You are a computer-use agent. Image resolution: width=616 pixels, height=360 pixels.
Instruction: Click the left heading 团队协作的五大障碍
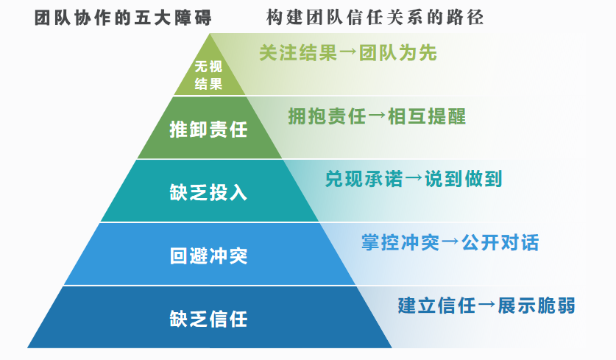(123, 18)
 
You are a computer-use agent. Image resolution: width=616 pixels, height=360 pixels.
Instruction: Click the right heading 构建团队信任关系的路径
(375, 18)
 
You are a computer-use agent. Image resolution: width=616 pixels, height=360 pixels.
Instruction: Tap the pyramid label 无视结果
(208, 74)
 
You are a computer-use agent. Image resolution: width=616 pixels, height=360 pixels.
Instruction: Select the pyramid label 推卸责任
(208, 130)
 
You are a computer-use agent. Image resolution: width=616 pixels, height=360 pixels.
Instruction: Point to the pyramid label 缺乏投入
(208, 193)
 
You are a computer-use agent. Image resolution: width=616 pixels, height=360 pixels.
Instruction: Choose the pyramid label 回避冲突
(208, 256)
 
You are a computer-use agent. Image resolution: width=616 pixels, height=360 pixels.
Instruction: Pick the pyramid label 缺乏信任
(208, 319)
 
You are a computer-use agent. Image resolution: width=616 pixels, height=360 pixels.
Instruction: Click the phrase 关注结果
(298, 53)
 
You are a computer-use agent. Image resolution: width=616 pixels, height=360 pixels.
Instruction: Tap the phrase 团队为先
(397, 53)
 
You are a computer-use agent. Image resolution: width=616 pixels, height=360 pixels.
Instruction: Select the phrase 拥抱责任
(327, 116)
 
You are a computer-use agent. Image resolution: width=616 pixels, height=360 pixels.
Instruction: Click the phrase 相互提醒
(427, 116)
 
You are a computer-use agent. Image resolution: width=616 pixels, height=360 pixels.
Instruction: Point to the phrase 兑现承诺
(364, 179)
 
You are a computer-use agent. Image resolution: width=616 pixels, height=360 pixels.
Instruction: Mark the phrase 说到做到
(464, 179)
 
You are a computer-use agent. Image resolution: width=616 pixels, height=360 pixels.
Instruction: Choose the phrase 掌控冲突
(400, 242)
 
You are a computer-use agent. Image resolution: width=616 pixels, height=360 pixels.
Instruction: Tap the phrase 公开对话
(500, 242)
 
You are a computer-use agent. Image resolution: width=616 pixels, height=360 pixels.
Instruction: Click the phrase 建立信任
(437, 306)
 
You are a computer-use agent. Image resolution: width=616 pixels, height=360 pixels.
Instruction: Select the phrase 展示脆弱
(537, 306)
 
